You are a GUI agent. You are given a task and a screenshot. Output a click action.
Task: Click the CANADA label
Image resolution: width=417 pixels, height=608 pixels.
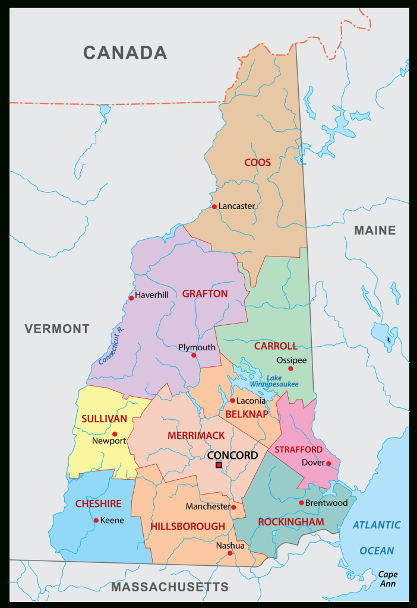[125, 53]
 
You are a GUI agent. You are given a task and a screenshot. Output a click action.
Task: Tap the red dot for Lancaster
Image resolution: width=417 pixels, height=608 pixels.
[214, 207]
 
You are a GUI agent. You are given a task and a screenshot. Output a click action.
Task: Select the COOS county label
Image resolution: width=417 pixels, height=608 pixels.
[257, 163]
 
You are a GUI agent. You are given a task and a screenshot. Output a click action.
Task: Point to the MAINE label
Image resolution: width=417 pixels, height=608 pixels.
[375, 230]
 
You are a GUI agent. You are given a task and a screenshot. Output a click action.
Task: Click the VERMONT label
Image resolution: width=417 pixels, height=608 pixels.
[57, 329]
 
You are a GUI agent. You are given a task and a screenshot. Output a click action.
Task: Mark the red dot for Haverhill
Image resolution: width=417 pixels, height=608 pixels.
[131, 298]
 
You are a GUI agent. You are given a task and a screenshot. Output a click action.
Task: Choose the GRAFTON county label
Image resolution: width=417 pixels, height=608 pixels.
[205, 294]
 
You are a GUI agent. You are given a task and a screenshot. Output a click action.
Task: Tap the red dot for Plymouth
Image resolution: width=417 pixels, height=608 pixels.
[194, 355]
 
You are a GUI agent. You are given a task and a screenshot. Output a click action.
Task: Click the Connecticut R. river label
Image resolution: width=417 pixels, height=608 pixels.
[111, 346]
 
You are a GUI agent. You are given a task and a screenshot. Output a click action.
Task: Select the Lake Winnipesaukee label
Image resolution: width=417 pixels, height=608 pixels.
[274, 381]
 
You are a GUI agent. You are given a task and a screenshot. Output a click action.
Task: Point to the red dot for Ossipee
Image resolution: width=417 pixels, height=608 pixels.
[290, 369]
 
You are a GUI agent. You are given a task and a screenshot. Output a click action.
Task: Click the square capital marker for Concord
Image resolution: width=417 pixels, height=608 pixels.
[219, 464]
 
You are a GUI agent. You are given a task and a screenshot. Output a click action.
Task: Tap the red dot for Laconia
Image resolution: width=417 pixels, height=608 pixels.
[232, 400]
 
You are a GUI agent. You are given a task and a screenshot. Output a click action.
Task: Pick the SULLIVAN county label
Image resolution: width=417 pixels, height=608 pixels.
[105, 419]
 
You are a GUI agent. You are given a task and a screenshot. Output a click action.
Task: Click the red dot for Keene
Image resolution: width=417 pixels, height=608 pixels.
[96, 521]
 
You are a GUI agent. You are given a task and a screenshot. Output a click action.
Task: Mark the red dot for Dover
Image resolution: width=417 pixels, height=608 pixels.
[328, 463]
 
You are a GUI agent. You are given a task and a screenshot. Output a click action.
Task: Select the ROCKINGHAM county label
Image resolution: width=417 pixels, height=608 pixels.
[291, 522]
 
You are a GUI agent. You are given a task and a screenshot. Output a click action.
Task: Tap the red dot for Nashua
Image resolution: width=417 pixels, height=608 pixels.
[230, 553]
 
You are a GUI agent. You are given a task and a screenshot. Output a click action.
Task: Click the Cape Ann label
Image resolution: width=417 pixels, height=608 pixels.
[388, 579]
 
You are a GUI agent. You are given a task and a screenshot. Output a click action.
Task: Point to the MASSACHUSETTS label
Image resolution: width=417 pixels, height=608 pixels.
[170, 587]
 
